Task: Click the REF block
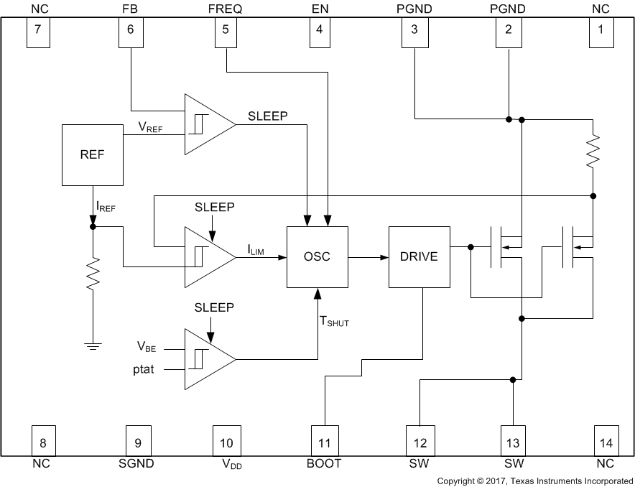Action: click(x=92, y=154)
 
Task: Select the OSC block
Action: click(x=317, y=256)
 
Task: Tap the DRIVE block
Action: click(x=418, y=256)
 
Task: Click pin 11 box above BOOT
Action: click(x=323, y=439)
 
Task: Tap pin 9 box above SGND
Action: click(x=138, y=439)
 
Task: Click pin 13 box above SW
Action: click(x=513, y=439)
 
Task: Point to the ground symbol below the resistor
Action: click(x=92, y=347)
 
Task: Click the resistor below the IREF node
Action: click(x=92, y=274)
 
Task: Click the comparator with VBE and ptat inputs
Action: click(x=208, y=358)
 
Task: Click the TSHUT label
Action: click(x=334, y=323)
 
